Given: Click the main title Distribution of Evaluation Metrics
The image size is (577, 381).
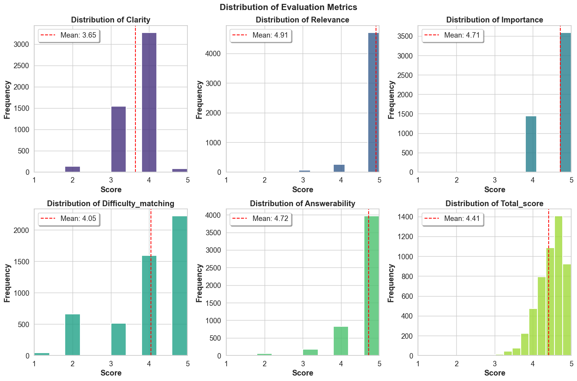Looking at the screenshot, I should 288,7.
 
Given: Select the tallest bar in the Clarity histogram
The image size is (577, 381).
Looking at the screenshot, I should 149,103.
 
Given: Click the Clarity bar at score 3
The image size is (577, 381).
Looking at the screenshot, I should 118,139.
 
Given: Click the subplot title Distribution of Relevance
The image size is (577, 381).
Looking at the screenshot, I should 302,20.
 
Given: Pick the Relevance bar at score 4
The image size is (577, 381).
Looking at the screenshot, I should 339,168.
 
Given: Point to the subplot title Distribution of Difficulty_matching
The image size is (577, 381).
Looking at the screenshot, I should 111,203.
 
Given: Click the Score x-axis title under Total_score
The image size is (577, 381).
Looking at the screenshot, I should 495,373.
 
